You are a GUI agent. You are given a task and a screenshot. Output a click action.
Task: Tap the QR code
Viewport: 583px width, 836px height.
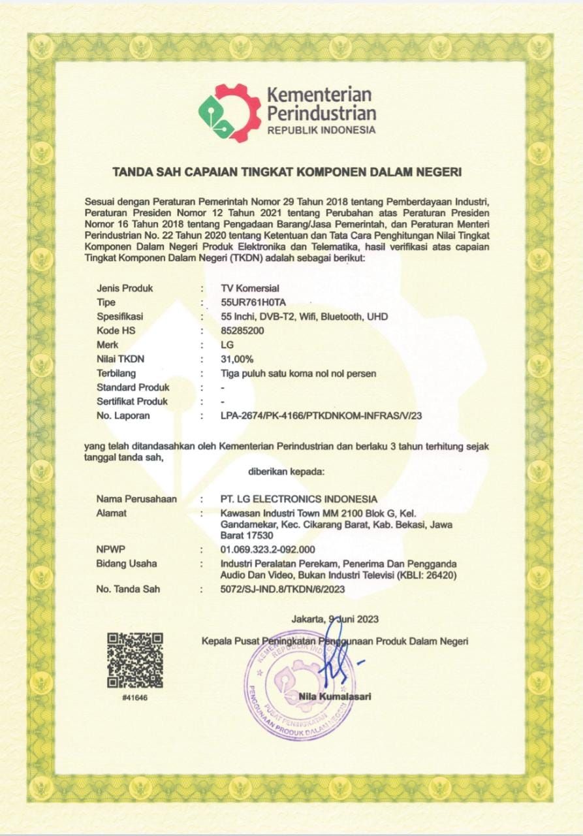pos(135,660)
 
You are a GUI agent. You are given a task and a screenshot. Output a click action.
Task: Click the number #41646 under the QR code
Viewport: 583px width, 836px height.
pos(135,698)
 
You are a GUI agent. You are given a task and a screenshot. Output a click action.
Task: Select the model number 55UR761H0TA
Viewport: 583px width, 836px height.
pos(254,302)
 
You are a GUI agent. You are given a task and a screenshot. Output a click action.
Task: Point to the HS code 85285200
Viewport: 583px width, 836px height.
pos(243,330)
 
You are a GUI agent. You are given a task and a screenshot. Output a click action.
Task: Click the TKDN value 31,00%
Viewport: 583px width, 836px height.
pos(238,359)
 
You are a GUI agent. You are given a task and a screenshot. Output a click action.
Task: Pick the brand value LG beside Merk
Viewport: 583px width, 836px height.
pos(228,345)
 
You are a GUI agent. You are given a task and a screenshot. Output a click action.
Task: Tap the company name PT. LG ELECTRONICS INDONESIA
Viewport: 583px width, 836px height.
pos(299,500)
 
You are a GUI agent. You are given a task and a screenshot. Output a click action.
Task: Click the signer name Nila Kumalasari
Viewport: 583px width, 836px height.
pos(335,696)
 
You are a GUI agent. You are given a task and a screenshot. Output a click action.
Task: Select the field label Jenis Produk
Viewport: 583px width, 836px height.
pos(124,288)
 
